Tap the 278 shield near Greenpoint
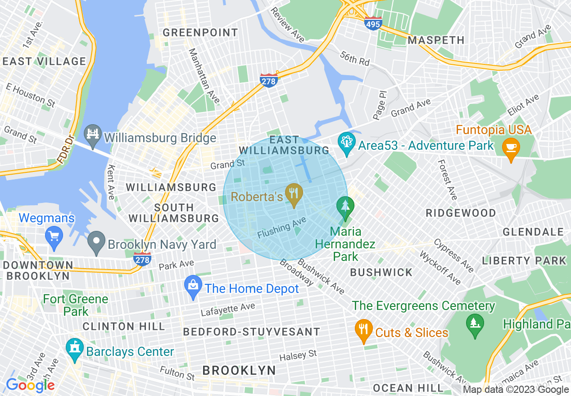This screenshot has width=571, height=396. (x=268, y=81)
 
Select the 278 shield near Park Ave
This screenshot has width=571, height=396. (x=142, y=259)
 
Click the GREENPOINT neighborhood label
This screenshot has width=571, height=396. (x=200, y=32)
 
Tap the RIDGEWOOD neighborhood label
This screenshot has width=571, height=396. (x=461, y=213)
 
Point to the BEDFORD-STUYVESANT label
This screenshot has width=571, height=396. (x=251, y=332)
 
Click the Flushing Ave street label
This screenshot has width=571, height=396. (x=282, y=228)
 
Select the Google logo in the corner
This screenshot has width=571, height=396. (x=30, y=385)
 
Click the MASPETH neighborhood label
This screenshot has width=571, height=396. (x=436, y=40)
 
